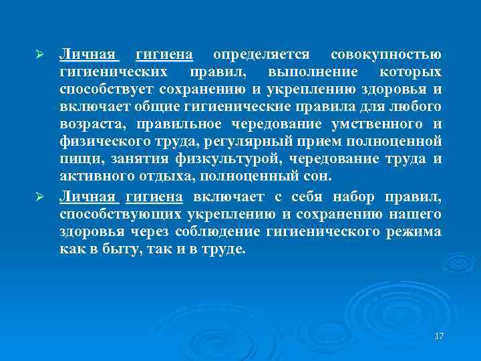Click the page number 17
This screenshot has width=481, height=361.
439,335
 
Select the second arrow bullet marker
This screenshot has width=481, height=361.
39,197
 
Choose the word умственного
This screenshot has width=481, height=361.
371,124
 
